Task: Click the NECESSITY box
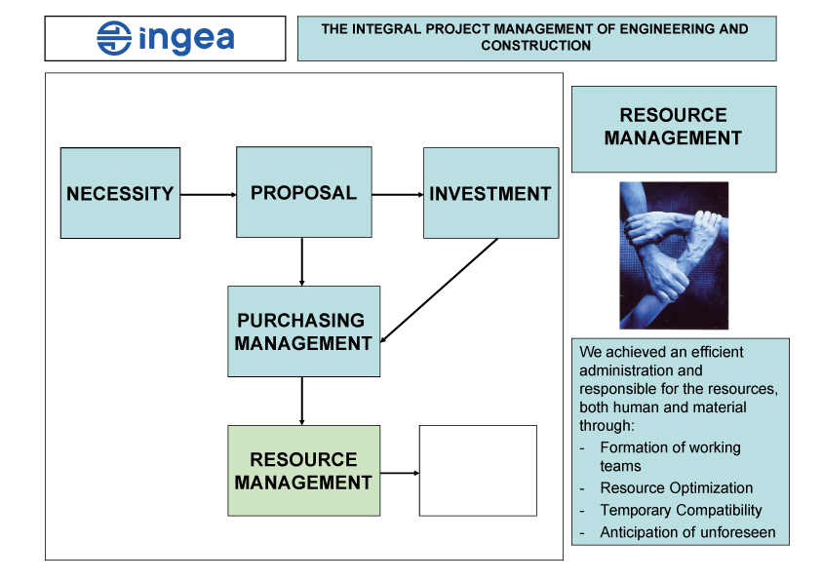120,193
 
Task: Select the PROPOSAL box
303,192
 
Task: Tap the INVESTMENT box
490,193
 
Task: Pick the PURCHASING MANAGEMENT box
303,331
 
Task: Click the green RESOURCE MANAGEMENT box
303,471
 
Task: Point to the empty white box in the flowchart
478,470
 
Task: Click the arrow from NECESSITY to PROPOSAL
208,194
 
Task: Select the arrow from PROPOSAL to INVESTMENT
397,194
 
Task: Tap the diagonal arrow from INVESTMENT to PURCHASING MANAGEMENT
439,290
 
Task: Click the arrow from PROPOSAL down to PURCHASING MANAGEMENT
302,260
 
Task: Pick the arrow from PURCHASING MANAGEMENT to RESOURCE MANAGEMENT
302,401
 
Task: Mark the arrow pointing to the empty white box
400,473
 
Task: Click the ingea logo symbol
114,38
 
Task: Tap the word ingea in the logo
186,39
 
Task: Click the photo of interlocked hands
674,254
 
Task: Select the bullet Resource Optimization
676,487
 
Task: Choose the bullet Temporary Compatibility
681,510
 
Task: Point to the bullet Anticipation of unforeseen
687,532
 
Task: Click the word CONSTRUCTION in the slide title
535,46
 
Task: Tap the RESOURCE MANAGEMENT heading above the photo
673,127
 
